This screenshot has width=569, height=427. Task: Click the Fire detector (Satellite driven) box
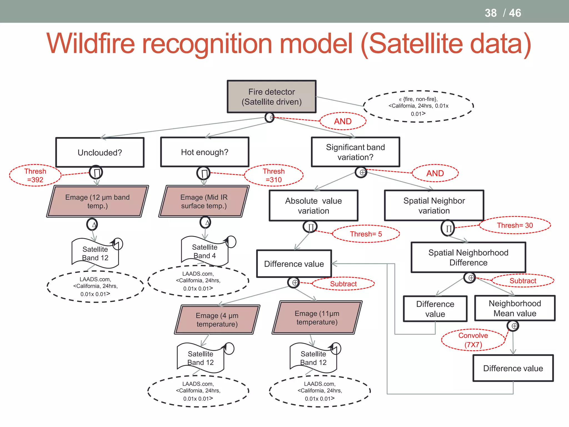pyautogui.click(x=271, y=97)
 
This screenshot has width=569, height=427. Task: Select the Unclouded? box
pyautogui.click(x=100, y=152)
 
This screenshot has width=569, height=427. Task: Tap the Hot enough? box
pyautogui.click(x=204, y=152)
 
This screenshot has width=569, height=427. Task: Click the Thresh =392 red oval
pyautogui.click(x=35, y=175)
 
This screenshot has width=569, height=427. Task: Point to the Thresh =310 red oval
pyautogui.click(x=274, y=175)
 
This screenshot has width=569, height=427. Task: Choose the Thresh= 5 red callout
pyautogui.click(x=366, y=234)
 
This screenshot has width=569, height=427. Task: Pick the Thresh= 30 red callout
pyautogui.click(x=515, y=225)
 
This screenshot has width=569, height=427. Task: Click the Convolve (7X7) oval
pyautogui.click(x=473, y=340)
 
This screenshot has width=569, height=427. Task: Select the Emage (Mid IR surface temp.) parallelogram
pyautogui.click(x=204, y=201)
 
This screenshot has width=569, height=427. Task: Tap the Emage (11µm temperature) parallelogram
pyautogui.click(x=317, y=317)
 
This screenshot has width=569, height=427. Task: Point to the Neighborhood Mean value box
pyautogui.click(x=515, y=308)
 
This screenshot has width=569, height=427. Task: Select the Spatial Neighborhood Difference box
pyautogui.click(x=468, y=257)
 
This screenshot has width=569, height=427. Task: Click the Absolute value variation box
pyautogui.click(x=313, y=206)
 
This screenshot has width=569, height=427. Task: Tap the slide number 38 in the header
pyautogui.click(x=490, y=13)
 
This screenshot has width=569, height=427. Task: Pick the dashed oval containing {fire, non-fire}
pyautogui.click(x=418, y=106)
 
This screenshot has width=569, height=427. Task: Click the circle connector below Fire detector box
pyautogui.click(x=269, y=117)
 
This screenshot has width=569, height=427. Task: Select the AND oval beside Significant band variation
pyautogui.click(x=435, y=173)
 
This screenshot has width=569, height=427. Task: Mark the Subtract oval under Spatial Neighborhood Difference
pyautogui.click(x=523, y=281)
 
